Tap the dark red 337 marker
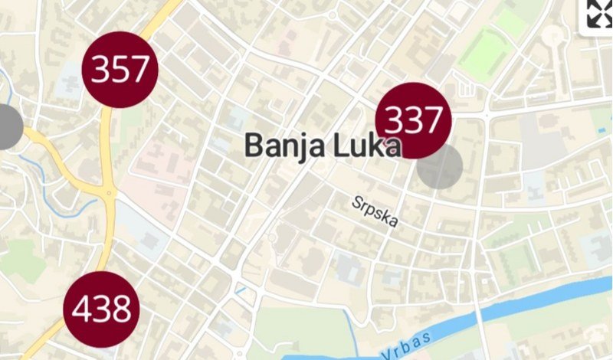pos(413,120)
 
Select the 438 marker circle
pos(101,309)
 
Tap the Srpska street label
pos(375,212)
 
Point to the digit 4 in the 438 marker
pos(82,310)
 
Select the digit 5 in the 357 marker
pos(120,70)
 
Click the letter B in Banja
pos(252,146)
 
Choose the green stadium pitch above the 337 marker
pos(487,54)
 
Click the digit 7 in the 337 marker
pos(433,120)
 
